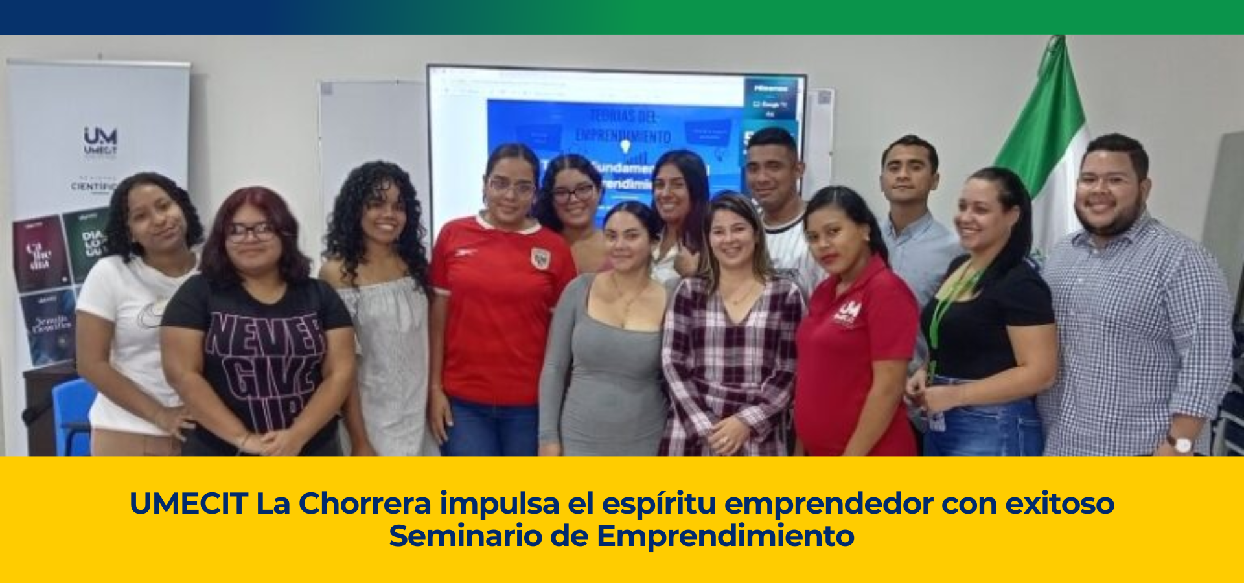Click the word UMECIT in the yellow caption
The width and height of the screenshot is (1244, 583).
(189, 503)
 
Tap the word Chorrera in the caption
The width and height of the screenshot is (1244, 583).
(364, 503)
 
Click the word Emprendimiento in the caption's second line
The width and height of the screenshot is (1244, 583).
(725, 536)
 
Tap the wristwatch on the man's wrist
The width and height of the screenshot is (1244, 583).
(1181, 444)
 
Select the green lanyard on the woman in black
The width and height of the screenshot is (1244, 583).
(947, 304)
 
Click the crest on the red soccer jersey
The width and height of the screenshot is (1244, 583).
(540, 259)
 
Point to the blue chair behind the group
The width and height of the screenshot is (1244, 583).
(73, 415)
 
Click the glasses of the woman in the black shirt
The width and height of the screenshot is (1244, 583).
(251, 231)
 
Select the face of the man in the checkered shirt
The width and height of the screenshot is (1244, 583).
(1109, 191)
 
